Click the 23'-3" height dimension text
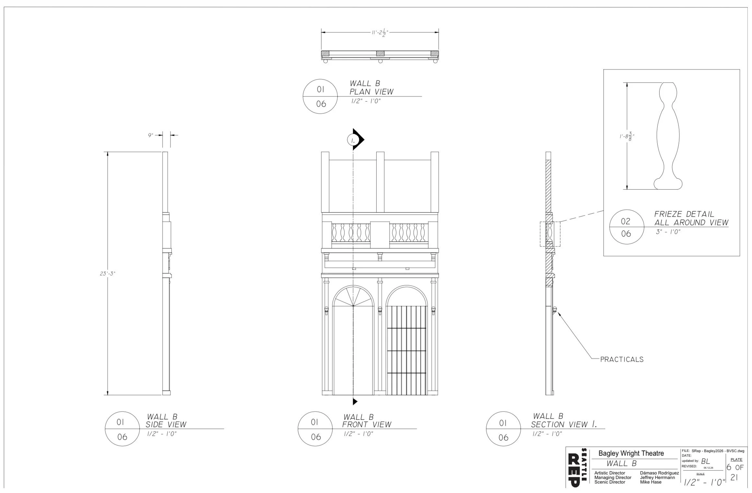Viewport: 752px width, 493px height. point(107,274)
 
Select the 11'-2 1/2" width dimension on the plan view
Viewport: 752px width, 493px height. point(380,33)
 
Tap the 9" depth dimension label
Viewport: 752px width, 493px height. point(150,135)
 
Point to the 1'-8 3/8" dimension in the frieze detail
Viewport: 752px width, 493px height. point(627,136)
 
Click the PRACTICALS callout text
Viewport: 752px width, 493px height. point(622,359)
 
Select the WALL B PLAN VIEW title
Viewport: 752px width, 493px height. point(371,88)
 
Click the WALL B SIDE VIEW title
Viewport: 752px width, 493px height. point(166,420)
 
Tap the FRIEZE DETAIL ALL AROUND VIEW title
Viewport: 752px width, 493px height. point(691,218)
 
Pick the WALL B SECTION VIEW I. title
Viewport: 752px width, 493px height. point(564,420)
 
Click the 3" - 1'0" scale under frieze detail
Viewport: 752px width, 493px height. point(668,232)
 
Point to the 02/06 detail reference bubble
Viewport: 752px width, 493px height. point(626,227)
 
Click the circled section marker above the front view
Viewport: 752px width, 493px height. point(353,140)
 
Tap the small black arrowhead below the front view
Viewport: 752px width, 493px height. point(355,402)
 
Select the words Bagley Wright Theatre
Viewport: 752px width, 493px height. point(631,454)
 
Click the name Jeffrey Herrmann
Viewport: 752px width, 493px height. point(657,477)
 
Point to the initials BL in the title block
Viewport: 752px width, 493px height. point(706,461)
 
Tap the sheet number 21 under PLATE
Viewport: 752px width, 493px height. point(734,478)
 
